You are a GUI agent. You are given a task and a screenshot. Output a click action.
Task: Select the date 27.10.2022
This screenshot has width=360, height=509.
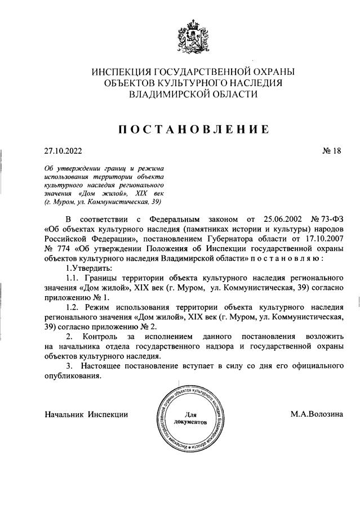click(x=63, y=150)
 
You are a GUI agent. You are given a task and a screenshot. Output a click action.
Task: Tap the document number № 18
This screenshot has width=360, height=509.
click(x=331, y=150)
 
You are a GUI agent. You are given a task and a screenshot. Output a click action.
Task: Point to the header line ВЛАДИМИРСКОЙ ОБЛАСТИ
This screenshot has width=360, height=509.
click(x=193, y=94)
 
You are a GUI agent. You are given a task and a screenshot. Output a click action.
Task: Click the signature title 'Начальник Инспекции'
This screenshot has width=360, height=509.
click(x=86, y=414)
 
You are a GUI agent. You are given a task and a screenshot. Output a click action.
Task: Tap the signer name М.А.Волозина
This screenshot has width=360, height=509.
click(x=317, y=414)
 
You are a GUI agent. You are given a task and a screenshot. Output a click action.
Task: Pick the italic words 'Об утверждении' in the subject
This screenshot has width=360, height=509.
click(x=67, y=168)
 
